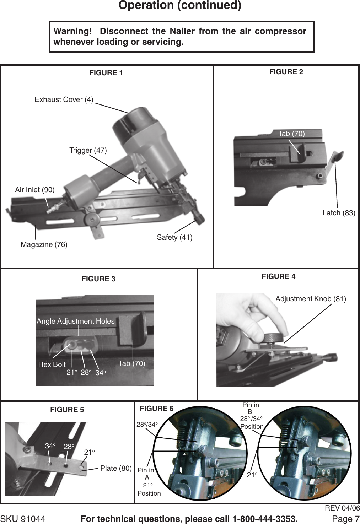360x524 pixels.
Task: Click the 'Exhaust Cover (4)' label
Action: pos(64,100)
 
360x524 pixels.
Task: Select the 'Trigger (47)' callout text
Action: pos(88,150)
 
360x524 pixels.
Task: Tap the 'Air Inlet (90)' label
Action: pos(35,190)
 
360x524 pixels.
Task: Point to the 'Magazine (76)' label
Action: pos(44,244)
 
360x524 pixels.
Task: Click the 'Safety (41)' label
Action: pos(174,237)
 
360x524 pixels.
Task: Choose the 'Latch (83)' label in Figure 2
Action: pos(339,213)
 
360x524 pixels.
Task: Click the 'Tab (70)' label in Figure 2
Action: pos(291,134)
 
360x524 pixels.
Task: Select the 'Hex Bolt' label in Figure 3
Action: pos(52,364)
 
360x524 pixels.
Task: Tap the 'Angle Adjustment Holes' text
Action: pos(76,321)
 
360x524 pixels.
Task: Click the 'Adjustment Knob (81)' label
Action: pos(311,299)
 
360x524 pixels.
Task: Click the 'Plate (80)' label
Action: pos(116,468)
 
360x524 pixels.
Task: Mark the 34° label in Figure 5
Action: pos(50,446)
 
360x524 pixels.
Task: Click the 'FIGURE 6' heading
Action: pos(157,409)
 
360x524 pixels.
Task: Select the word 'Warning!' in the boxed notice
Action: pos(72,31)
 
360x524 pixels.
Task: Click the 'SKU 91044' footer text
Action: pos(23,519)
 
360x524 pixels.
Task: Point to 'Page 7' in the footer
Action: pos(345,519)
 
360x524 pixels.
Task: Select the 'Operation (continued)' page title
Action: pos(180,5)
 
